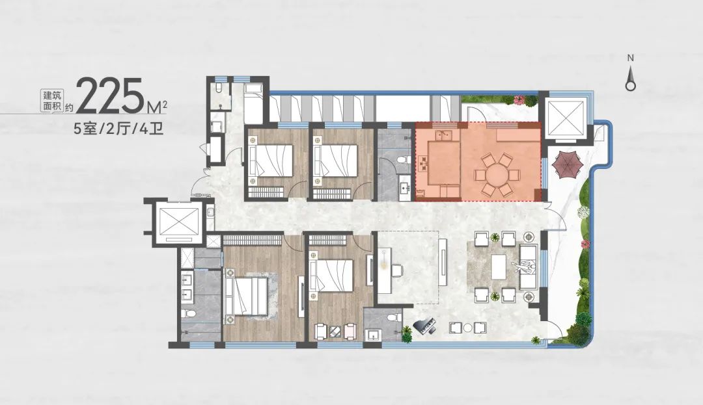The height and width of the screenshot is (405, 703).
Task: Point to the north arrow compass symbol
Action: click(x=630, y=78)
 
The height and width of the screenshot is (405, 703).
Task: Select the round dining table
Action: click(x=495, y=175)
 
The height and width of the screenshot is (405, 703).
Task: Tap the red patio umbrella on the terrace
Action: click(x=567, y=165)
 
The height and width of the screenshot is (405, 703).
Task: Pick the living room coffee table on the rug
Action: click(x=498, y=267)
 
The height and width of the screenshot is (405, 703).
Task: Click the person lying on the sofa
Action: click(x=525, y=268)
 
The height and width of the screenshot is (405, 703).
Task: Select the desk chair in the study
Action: click(x=397, y=270)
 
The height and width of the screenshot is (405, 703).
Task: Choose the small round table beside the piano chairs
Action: click(x=467, y=327)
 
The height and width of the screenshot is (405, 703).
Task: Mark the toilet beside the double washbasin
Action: click(x=189, y=313)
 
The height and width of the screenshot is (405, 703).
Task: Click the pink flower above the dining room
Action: click(x=520, y=99)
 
